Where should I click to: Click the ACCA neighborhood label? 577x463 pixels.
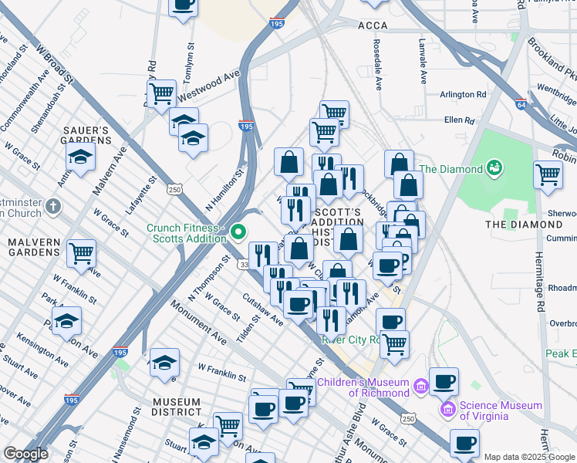coord(373,25)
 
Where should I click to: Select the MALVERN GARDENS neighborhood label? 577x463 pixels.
coord(34,248)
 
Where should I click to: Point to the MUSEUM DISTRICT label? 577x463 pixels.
coord(176,408)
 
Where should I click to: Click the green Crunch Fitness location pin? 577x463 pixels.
coord(239,230)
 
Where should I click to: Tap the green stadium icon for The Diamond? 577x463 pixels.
coord(494,167)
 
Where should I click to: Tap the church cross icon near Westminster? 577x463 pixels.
coord(52,207)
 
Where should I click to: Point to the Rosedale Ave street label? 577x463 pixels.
coord(378,66)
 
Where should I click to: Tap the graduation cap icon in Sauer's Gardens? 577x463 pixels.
coord(79,157)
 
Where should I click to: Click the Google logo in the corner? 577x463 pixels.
coord(25,454)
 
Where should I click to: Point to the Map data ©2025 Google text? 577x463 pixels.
coord(529,457)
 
